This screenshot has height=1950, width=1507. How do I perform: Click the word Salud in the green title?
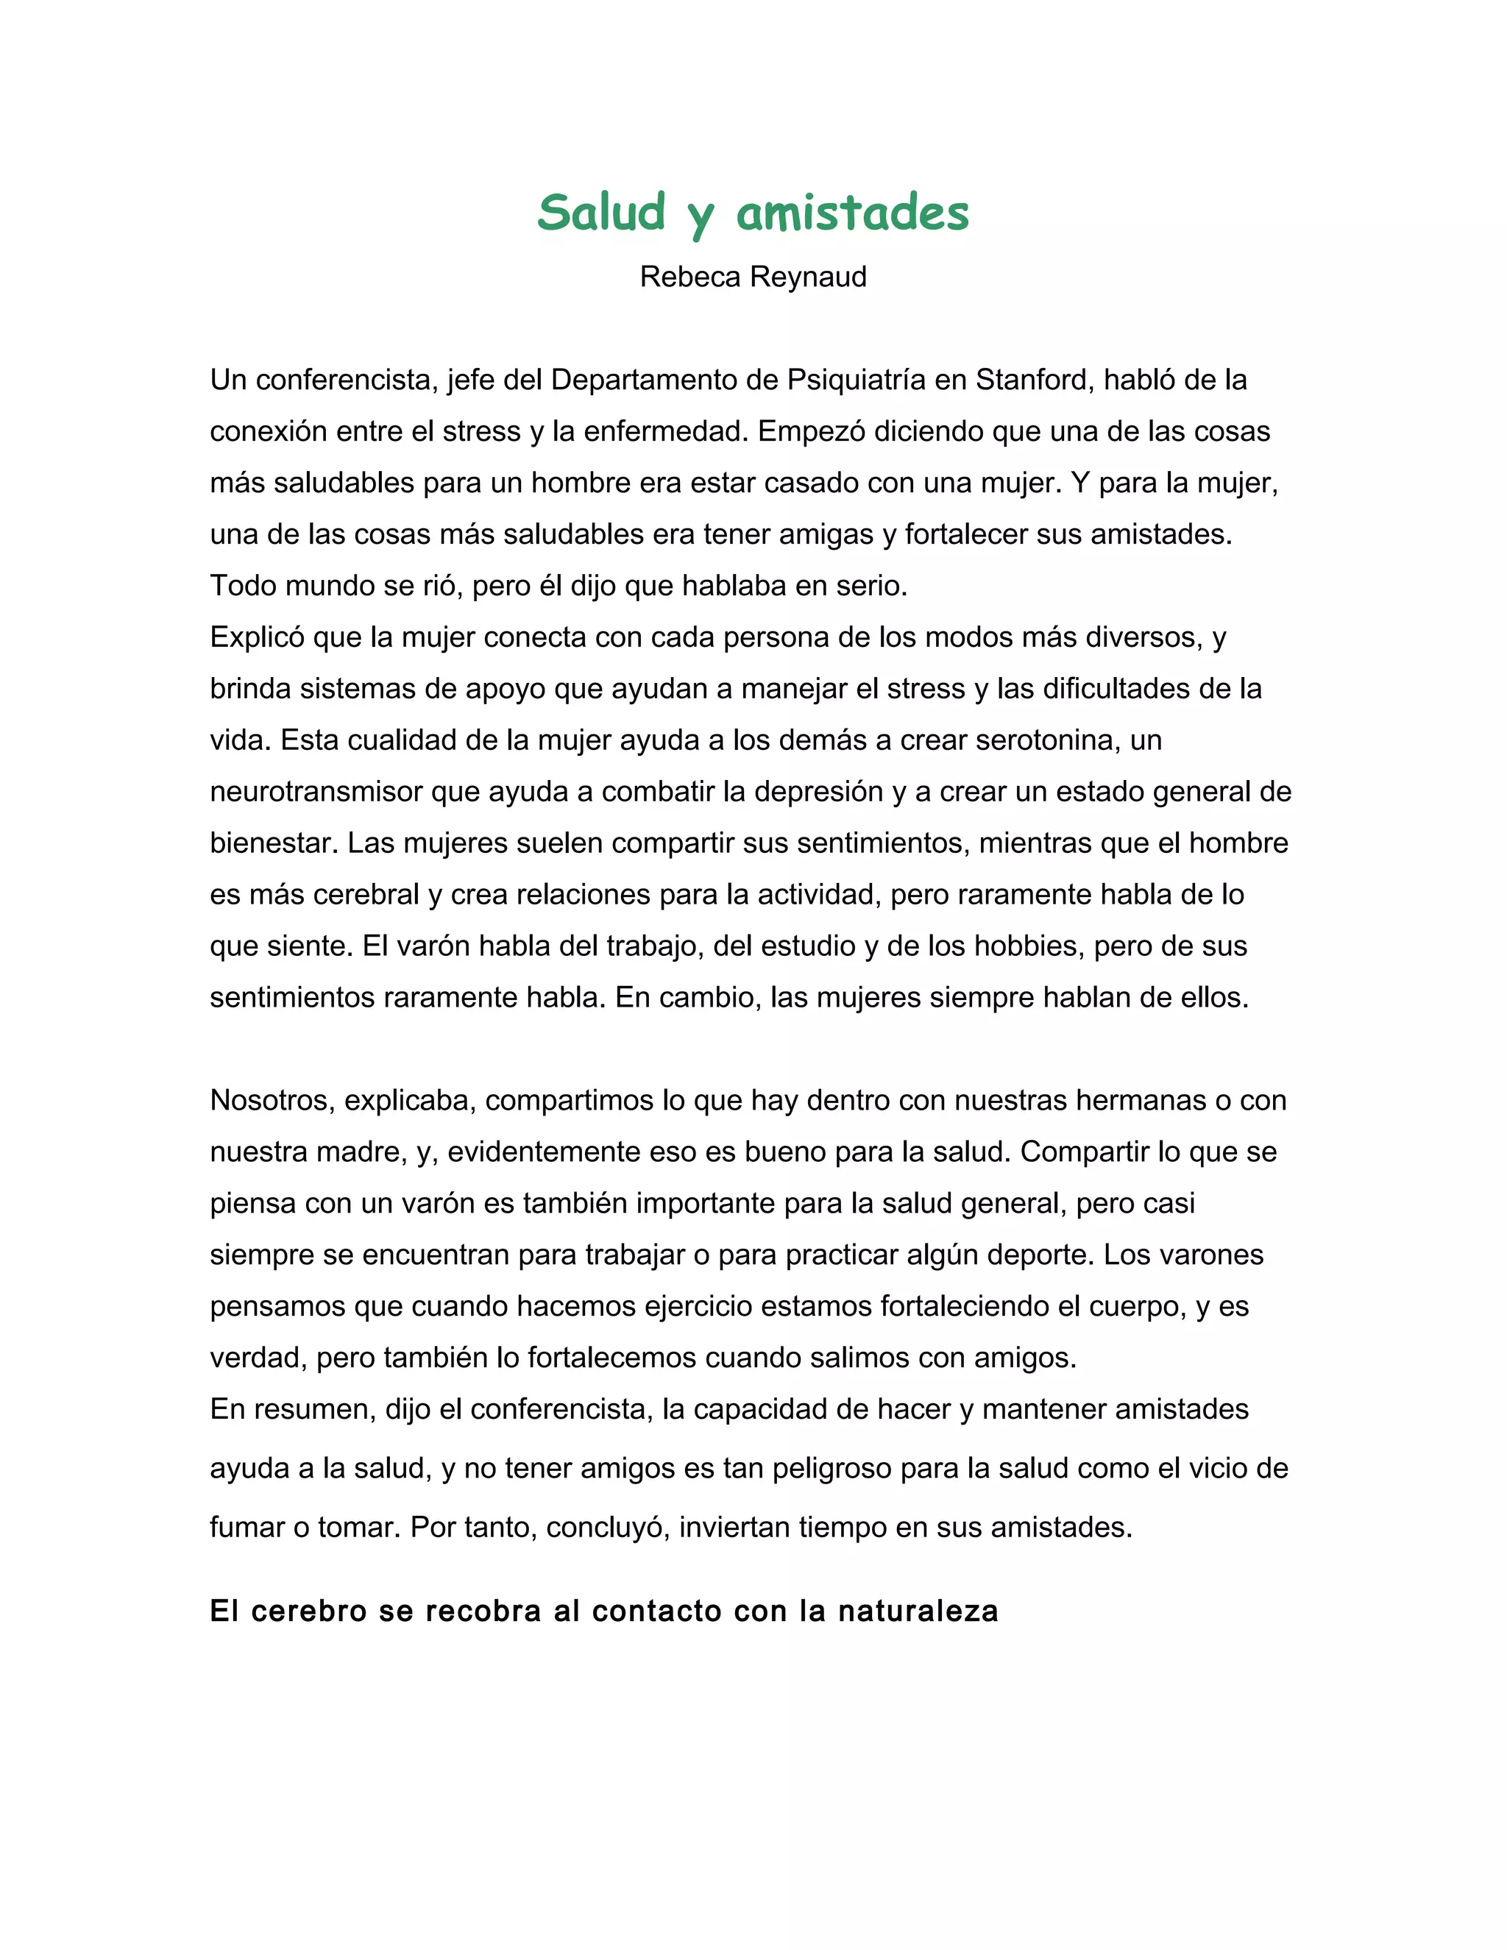coord(602,213)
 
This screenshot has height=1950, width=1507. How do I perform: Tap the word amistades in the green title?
coord(853,213)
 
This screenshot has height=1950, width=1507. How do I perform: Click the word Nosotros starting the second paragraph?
coord(272,1100)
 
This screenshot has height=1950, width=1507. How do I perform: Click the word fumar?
coord(247,1528)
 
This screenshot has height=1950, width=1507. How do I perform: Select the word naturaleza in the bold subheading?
coord(918,1612)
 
